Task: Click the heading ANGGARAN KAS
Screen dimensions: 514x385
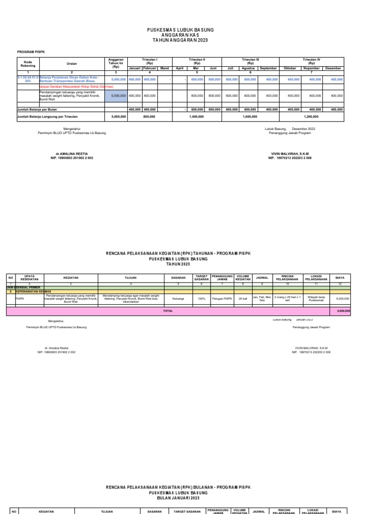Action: (x=192, y=35)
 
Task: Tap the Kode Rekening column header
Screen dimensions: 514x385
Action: (x=28, y=64)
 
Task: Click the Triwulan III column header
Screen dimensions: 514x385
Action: (x=250, y=61)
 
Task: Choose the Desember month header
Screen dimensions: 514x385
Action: (x=333, y=68)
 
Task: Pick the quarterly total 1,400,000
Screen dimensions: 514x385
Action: (x=197, y=116)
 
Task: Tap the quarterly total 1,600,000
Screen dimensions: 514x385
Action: (x=250, y=116)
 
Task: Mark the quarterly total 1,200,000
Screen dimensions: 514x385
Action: (x=311, y=116)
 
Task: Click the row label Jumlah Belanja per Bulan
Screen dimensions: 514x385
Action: (x=37, y=108)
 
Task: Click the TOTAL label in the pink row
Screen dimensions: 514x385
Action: (x=167, y=311)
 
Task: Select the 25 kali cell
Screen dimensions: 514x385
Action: (x=243, y=298)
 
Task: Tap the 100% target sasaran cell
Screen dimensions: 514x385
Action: (x=202, y=298)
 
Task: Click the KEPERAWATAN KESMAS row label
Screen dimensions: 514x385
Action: (x=33, y=291)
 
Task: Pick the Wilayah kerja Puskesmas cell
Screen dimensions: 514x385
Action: (x=313, y=298)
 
